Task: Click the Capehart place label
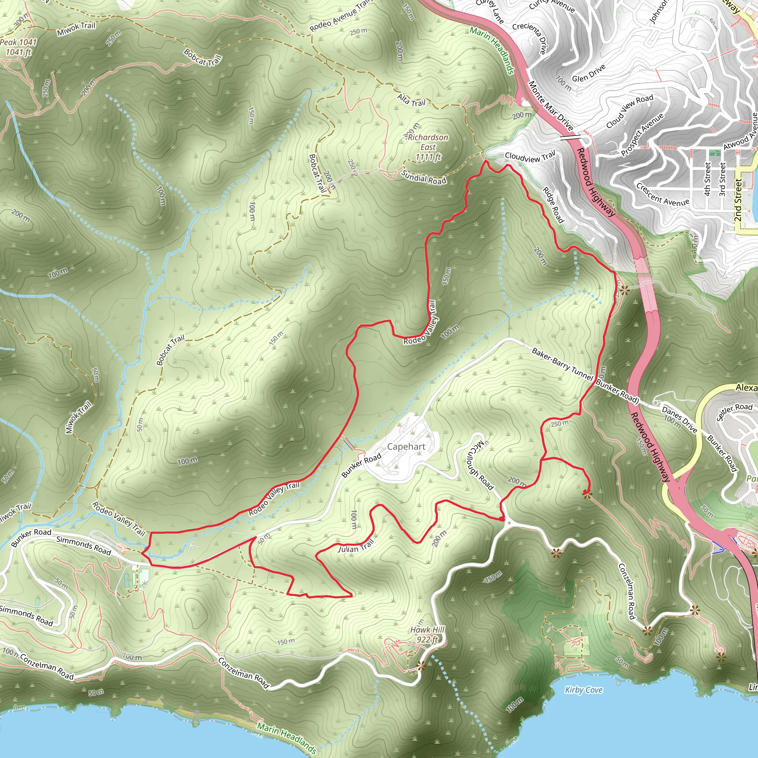(406, 446)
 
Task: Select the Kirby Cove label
(583, 690)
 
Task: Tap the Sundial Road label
(424, 177)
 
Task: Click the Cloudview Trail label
(530, 157)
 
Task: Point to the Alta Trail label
(411, 100)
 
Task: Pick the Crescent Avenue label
(663, 195)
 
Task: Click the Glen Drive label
(588, 73)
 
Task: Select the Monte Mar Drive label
(551, 105)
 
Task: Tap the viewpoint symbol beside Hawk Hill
(421, 665)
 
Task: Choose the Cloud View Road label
(630, 111)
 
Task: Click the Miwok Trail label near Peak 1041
(76, 28)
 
